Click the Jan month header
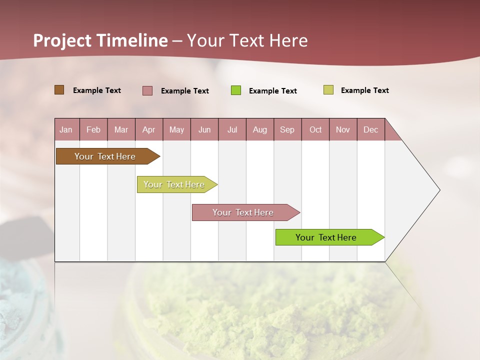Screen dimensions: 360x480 66,130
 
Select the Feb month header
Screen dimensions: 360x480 93,130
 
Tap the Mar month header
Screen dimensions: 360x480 121,130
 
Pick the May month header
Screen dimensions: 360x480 176,130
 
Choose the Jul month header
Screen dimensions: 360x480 232,130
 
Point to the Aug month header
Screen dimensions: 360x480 260,130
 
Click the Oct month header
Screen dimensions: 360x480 315,130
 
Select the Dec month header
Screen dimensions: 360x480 371,130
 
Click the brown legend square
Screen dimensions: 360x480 59,90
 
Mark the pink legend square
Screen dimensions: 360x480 147,90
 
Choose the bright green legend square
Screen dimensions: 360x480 236,90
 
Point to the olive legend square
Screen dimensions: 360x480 328,90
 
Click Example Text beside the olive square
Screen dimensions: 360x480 364,90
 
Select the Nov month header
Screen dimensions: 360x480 343,130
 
